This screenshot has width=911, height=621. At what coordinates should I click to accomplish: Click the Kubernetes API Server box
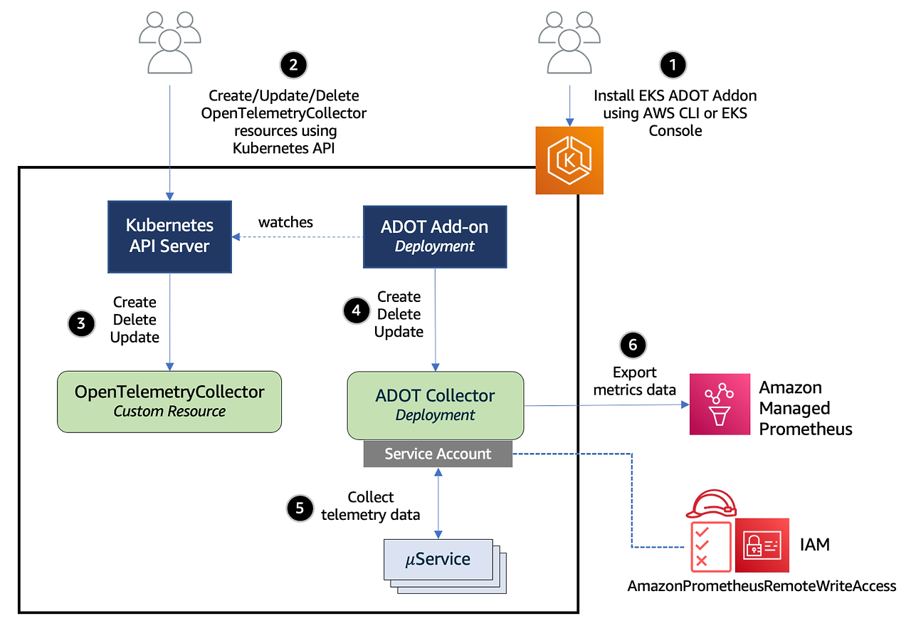coord(169,236)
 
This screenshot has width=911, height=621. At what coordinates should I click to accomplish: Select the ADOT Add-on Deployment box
coord(435,236)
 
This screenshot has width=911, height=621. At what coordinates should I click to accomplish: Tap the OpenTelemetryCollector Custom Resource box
coord(169,401)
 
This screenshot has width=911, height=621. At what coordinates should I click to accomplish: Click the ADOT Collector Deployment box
coord(435,405)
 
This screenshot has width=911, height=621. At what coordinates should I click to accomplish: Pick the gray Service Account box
coord(438,454)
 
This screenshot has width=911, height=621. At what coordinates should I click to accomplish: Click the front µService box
coord(438,559)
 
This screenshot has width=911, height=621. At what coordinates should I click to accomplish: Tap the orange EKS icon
coord(569,160)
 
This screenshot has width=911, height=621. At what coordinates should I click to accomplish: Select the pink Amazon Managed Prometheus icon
coord(720,405)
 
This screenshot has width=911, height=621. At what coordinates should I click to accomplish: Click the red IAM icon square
coord(762,546)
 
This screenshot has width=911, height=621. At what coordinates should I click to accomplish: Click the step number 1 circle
coord(673,65)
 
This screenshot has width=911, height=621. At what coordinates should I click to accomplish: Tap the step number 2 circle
coord(293,65)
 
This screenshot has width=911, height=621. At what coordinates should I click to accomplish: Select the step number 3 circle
coord(81,323)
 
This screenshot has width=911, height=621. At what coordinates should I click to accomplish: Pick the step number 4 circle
coord(356,310)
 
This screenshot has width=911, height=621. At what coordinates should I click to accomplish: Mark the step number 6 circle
coord(633,345)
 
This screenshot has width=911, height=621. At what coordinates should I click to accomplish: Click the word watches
coord(285,222)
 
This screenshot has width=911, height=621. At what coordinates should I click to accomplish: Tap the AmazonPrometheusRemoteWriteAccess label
coord(762,585)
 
